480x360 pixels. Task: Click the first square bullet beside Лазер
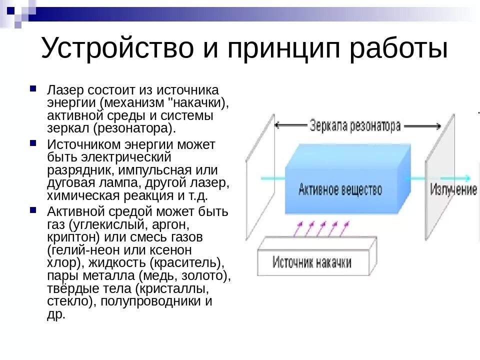pyautogui.click(x=33, y=88)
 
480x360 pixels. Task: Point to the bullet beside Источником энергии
pyautogui.click(x=33, y=143)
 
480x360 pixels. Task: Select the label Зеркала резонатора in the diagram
pyautogui.click(x=355, y=125)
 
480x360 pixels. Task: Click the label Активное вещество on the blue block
pyautogui.click(x=340, y=189)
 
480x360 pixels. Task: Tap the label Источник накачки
pyautogui.click(x=312, y=262)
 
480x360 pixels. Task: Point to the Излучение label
pyautogui.click(x=453, y=190)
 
